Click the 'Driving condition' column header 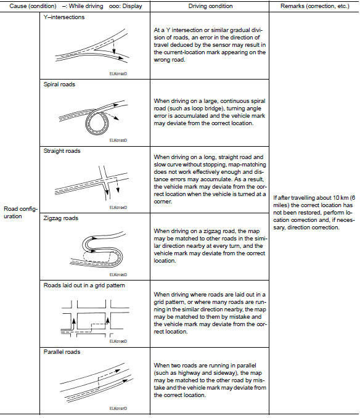210,6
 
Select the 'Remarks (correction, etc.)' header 315,6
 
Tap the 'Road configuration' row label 20,213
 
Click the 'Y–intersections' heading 64,17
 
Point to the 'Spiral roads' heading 59,84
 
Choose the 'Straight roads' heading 62,151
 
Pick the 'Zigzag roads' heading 61,218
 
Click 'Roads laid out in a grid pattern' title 84,285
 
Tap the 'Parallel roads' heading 62,352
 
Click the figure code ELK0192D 118,73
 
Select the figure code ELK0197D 118,408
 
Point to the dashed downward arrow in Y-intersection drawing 114,47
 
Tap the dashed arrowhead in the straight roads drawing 118,190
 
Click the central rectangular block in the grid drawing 91,313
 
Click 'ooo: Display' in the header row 126,6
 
